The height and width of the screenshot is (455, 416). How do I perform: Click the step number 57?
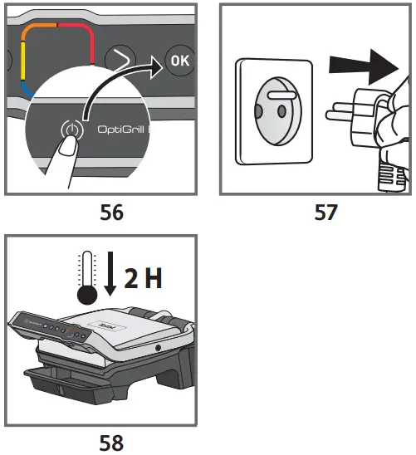pyautogui.click(x=325, y=213)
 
